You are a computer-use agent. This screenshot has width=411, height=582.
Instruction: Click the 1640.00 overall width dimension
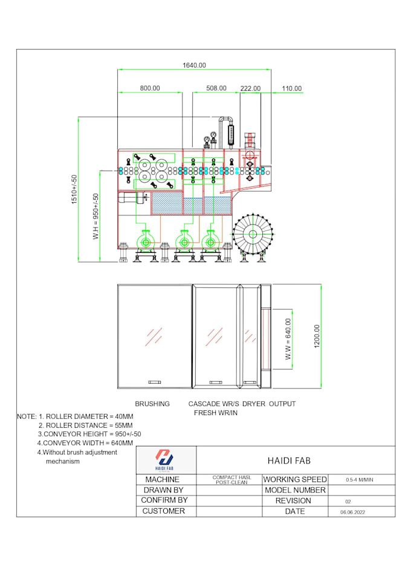[194, 65]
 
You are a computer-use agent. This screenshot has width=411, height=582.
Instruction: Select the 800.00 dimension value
[150, 88]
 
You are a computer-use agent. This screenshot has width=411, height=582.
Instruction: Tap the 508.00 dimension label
[216, 88]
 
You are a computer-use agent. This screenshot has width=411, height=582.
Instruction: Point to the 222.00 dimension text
[250, 88]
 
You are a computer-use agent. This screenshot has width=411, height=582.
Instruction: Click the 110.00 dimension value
[291, 89]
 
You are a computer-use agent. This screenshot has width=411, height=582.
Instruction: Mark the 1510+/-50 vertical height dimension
[74, 189]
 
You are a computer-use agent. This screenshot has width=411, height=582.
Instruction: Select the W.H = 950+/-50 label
[95, 216]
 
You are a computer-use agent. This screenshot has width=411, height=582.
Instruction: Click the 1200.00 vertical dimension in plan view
[317, 336]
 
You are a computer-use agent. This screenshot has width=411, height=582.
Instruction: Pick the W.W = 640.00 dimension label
[288, 339]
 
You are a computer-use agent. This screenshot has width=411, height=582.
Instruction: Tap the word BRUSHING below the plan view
[152, 404]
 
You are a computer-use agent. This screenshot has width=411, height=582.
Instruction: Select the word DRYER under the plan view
[254, 404]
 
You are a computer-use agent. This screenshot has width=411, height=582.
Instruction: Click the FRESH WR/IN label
[216, 413]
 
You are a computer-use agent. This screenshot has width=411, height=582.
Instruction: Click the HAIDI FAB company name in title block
[289, 460]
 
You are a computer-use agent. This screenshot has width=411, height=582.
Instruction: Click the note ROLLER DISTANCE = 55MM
[86, 425]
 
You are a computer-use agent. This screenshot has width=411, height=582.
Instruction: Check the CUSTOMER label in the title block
[164, 511]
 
